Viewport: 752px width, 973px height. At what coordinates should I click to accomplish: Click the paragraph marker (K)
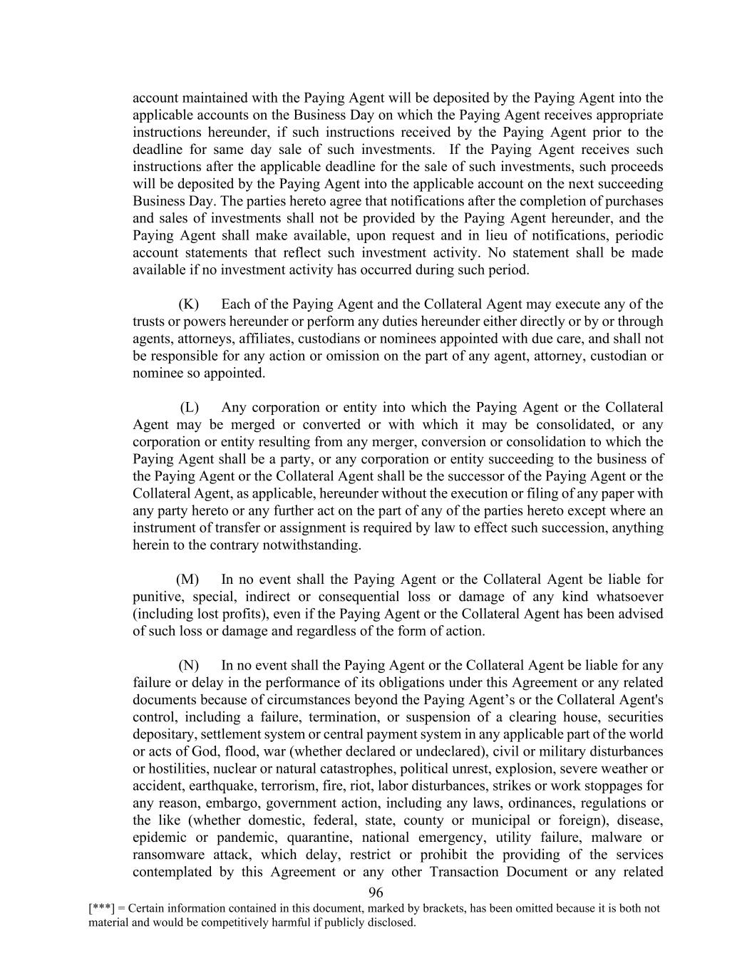[x=188, y=304]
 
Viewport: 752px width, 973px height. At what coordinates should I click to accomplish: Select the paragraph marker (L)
[x=189, y=408]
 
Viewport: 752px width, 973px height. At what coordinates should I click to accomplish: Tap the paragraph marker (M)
[x=187, y=580]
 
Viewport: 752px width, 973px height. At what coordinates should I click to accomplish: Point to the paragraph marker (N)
[x=188, y=666]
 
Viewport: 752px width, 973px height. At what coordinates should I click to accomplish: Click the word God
[x=204, y=751]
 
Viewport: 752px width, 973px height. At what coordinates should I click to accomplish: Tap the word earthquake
[x=217, y=786]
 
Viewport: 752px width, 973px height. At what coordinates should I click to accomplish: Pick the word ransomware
[x=169, y=855]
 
